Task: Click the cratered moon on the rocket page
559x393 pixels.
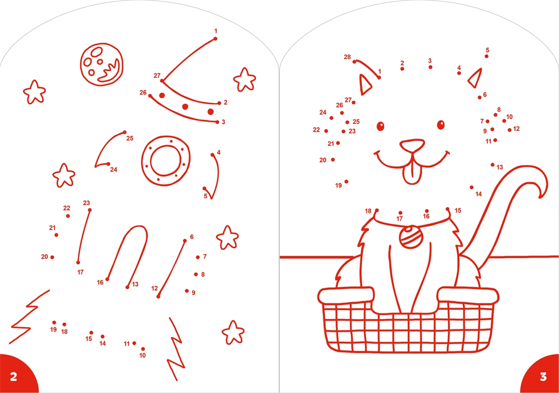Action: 101,65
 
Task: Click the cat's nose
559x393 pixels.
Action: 412,145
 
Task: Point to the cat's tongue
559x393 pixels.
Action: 413,173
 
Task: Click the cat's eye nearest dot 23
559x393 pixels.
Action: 380,126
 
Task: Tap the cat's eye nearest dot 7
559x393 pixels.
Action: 441,125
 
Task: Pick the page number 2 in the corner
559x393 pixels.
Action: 14,377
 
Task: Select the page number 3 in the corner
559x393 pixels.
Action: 543,377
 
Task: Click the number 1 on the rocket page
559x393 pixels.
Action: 216,31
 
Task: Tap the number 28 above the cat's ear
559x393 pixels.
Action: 347,56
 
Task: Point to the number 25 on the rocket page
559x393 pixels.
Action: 130,138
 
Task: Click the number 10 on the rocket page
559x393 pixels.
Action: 142,355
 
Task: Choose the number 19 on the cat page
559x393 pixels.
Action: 338,185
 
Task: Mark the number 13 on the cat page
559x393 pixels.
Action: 499,167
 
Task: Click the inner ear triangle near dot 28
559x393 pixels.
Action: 364,84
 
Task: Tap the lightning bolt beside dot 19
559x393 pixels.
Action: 28,317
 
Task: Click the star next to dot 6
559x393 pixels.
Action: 227,237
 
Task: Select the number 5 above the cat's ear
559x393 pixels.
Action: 487,50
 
